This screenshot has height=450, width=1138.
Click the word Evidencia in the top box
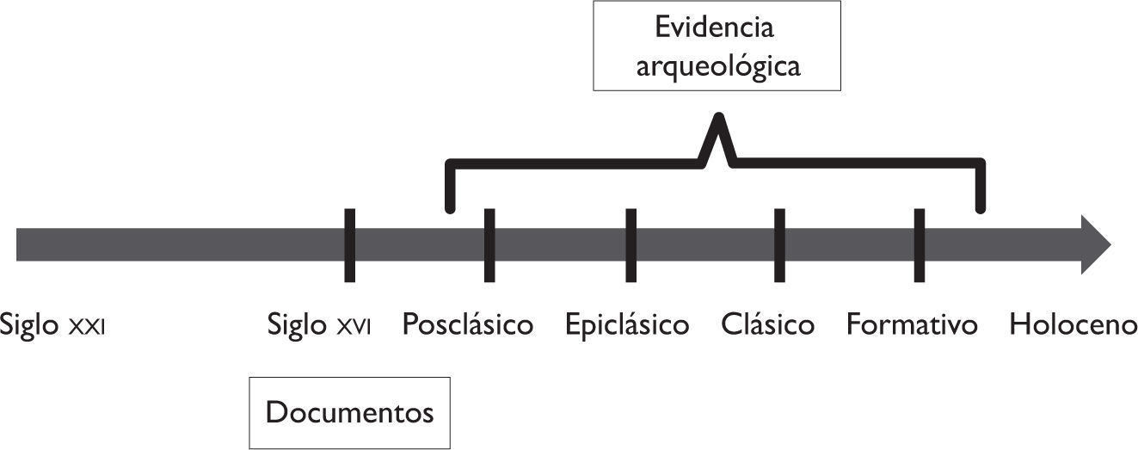(x=715, y=27)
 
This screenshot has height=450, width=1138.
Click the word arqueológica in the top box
(x=717, y=65)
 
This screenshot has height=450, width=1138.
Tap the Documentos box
(x=349, y=413)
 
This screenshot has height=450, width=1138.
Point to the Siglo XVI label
(x=319, y=325)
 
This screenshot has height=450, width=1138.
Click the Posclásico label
(x=468, y=325)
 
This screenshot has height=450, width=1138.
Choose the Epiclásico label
(x=627, y=325)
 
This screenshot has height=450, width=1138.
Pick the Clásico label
(x=767, y=325)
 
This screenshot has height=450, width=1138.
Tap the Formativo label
(x=912, y=325)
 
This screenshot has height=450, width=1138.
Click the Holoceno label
(x=1073, y=325)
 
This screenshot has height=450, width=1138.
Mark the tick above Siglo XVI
(x=349, y=244)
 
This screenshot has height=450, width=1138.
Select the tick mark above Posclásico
(x=489, y=244)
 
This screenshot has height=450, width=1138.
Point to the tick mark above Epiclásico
(x=631, y=244)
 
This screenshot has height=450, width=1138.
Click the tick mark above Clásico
(x=779, y=244)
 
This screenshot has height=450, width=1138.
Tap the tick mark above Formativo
(x=919, y=244)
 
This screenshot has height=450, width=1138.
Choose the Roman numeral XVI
(x=353, y=328)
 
